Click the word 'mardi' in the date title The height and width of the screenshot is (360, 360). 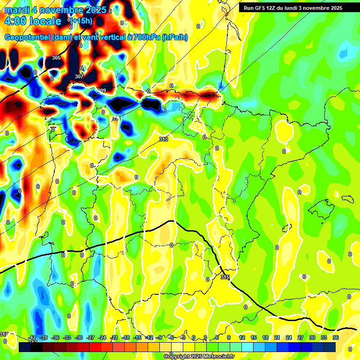pos(18,10)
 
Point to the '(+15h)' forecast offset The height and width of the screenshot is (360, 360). pos(82,21)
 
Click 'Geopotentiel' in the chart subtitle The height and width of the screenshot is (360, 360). pos(27,37)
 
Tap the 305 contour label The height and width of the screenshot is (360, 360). pos(56,58)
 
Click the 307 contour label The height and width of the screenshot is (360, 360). pos(79,76)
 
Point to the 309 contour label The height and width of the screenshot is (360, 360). pos(102,90)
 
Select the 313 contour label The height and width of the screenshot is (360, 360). pos(164,139)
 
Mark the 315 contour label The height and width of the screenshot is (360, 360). pos(225,277)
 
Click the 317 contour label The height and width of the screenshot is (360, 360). pos(4,334)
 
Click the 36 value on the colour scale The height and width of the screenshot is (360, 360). pos(335,337)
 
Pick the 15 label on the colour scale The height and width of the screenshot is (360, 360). pos(254,337)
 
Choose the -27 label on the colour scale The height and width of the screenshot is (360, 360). pos(90,337)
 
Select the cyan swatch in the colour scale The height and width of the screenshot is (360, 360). pos(254,347)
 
